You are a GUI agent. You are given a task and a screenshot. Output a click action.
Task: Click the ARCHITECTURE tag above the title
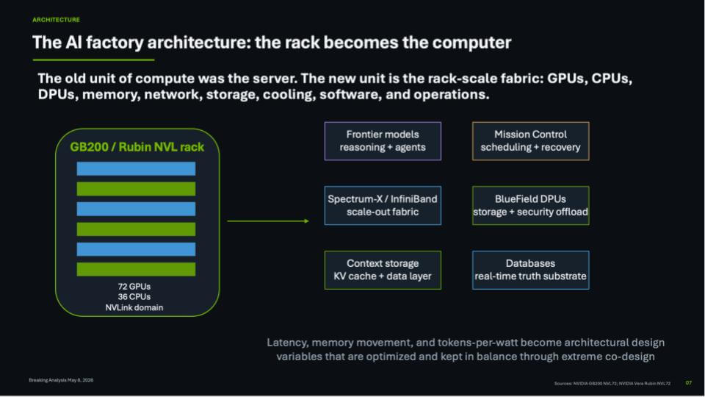57,20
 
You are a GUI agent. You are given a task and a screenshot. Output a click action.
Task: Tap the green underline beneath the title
93,60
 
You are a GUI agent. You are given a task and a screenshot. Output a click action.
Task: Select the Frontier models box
383,141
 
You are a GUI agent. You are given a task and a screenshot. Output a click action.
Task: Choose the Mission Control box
530,141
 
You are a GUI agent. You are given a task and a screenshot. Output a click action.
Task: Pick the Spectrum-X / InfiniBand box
383,205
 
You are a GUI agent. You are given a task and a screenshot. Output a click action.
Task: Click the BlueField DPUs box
530,205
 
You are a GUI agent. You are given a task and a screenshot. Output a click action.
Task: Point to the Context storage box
383,270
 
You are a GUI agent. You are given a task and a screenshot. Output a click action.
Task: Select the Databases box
530,270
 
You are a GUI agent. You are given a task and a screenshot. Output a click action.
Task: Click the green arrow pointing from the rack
268,221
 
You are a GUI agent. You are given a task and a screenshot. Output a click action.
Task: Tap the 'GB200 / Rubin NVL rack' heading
137,147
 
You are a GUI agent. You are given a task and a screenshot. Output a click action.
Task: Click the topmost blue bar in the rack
137,169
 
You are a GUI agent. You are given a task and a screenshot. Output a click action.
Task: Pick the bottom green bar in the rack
137,269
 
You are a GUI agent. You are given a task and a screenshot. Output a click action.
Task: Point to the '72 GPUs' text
134,286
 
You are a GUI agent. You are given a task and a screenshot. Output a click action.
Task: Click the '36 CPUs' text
134,296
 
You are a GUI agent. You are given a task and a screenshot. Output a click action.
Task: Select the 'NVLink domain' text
134,307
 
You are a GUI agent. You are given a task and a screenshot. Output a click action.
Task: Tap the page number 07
688,383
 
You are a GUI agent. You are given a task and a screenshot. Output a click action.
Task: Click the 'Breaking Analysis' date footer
61,380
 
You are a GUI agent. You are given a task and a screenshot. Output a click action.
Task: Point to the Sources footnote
612,384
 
